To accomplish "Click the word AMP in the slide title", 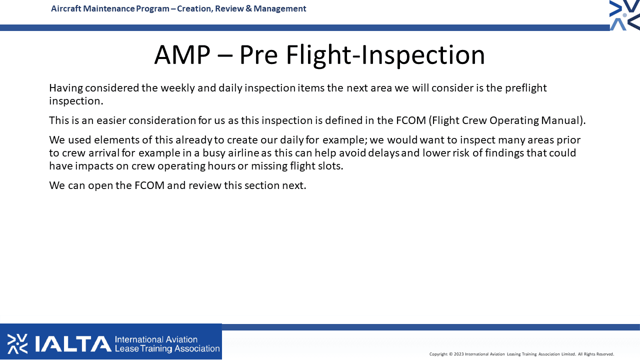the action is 182,55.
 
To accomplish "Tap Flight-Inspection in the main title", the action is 385,55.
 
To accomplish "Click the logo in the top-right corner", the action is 624,15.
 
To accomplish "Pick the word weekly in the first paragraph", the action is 177,88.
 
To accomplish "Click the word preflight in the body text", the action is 525,88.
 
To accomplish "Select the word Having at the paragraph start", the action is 65,88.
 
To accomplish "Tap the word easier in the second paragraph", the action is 111,120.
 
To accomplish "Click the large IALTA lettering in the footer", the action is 73,343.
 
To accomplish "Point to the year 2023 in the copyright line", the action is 459,354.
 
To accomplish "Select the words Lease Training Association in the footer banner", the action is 167,349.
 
